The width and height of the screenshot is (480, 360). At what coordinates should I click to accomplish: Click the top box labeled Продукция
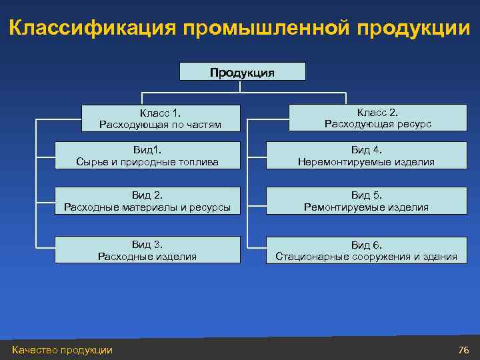(243, 72)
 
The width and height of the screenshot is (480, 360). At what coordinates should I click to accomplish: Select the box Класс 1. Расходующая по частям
(160, 118)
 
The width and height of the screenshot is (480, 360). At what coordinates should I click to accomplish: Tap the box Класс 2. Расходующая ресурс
(378, 117)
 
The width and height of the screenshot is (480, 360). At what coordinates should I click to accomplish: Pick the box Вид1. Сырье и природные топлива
(147, 155)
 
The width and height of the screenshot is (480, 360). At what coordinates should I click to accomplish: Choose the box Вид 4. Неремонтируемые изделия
(367, 155)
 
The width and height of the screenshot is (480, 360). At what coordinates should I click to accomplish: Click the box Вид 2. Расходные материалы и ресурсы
(147, 201)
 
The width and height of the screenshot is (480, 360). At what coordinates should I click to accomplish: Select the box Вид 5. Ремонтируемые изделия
(367, 201)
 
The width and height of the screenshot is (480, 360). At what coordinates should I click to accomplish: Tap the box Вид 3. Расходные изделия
(147, 250)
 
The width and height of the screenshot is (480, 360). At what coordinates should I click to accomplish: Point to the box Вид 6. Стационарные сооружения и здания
(367, 250)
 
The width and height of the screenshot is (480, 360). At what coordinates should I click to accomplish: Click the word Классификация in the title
(93, 29)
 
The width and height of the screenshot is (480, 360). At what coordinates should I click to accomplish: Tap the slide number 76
(464, 350)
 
